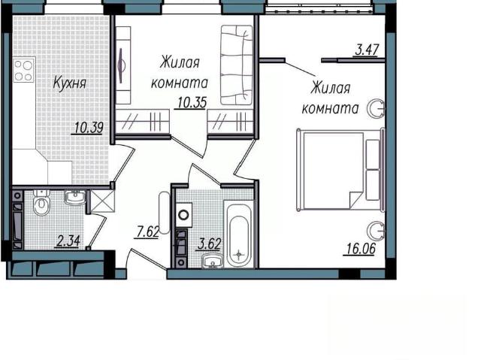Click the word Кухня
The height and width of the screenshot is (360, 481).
pos(69,83)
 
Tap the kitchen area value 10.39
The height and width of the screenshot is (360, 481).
pos(89,128)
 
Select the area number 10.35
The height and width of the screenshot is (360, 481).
pos(192,103)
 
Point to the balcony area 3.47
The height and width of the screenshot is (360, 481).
pos(367,50)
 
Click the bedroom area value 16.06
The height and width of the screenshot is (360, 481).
pos(361,249)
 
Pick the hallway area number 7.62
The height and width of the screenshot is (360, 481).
pos(147,231)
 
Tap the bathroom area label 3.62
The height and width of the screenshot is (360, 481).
pos(210,244)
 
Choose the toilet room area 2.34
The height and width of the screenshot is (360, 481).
pos(68,241)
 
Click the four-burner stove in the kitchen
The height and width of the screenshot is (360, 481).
pos(23,70)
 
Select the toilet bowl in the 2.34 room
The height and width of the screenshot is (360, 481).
pos(41,203)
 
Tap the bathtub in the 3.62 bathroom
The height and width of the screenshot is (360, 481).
pos(239,234)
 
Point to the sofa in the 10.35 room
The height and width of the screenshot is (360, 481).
pos(237,65)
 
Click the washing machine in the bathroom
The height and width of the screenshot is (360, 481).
pos(183,215)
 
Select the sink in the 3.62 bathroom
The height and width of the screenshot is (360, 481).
pos(212,262)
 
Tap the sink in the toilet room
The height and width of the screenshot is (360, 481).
pos(75,197)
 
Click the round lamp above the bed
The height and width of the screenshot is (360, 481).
pos(376,108)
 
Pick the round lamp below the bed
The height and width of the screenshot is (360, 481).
pos(376,230)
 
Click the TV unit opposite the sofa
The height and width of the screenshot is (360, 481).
pos(123,65)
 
